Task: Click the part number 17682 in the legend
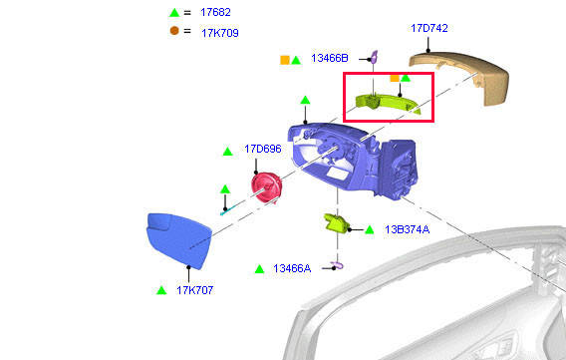point(215,12)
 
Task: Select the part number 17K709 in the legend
point(220,33)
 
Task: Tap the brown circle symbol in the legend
point(174,31)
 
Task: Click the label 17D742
point(429,28)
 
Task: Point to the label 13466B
point(330,58)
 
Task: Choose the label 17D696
point(262,149)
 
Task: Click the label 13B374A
point(407,229)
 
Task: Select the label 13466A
point(292,268)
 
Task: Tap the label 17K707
point(195,290)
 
